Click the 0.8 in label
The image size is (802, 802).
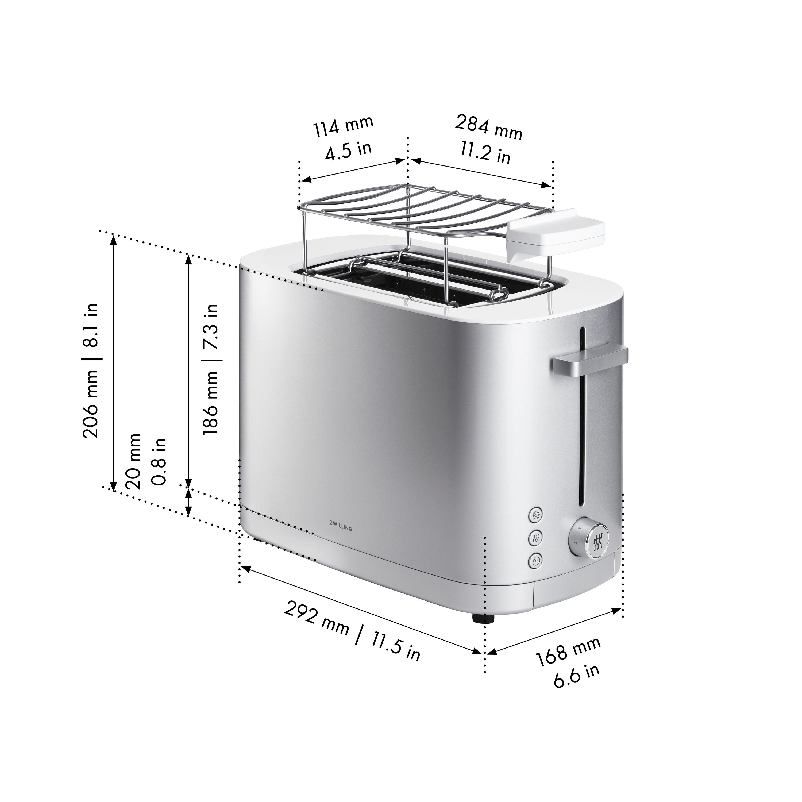[159, 461]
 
